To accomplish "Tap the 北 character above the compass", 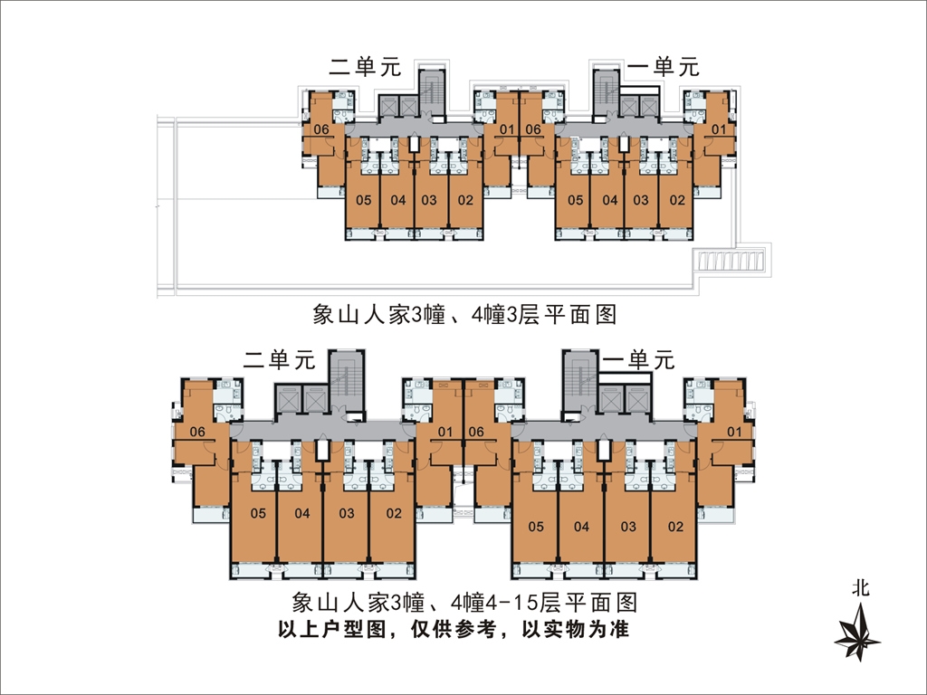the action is click(861, 588).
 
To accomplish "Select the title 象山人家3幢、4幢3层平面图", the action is click(464, 314).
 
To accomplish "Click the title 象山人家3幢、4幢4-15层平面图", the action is click(464, 603).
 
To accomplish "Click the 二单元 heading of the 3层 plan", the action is click(365, 66).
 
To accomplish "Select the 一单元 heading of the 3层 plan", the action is click(664, 66).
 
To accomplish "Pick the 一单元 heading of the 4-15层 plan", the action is click(638, 359).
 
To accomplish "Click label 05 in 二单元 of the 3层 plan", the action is click(364, 200).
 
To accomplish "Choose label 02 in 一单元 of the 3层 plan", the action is click(677, 200).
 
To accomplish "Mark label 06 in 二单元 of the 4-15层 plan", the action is click(197, 432).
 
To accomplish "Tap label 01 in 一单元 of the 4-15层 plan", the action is click(733, 432).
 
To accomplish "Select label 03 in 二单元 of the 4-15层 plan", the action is click(347, 513).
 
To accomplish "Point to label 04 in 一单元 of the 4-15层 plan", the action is click(581, 526).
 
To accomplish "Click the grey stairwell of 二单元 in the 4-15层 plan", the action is click(347, 381).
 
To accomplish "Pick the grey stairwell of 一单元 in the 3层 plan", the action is click(606, 91).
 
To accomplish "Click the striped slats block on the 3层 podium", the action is click(731, 261).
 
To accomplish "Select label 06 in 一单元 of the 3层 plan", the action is click(532, 129).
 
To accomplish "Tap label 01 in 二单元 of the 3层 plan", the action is click(507, 129).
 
